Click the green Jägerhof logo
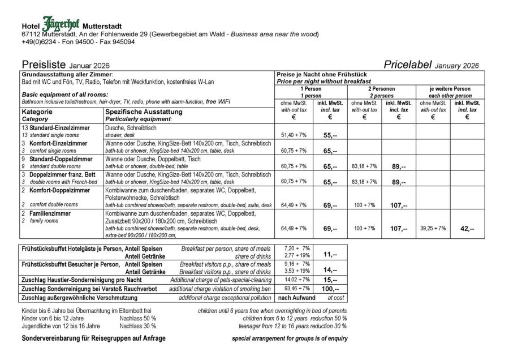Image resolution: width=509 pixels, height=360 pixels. point(61,24)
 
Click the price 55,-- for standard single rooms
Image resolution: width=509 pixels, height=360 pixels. point(330,136)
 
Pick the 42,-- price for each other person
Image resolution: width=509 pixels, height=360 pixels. point(467,229)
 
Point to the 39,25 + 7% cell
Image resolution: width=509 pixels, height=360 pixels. point(432,229)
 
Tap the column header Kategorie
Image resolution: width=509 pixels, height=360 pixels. point(37,112)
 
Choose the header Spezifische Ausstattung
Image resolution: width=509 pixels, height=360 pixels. point(143,112)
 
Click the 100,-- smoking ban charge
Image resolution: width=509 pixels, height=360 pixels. point(330,289)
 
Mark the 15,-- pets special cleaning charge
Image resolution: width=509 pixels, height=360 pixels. point(330,280)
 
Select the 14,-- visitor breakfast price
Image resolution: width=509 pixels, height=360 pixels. point(330,271)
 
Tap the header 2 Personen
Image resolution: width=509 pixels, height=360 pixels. point(381,89)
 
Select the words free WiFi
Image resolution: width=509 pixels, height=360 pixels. point(218,102)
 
